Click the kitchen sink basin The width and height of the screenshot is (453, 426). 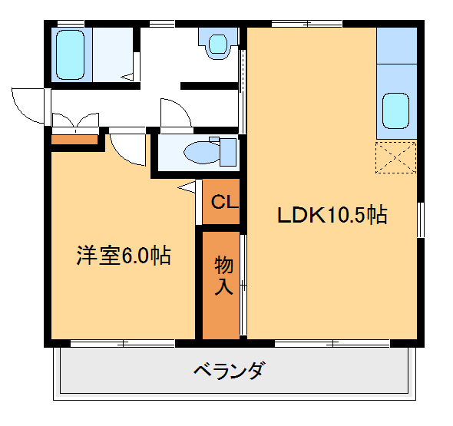tap(395, 111)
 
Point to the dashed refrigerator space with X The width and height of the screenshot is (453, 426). tap(395, 158)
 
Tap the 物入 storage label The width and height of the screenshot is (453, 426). tap(223, 276)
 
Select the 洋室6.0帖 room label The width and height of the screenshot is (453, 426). tap(123, 256)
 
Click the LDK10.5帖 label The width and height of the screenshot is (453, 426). tap(332, 215)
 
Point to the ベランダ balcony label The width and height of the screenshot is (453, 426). tap(228, 372)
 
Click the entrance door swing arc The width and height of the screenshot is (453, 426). tap(28, 105)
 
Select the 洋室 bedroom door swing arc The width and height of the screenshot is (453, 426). tap(126, 148)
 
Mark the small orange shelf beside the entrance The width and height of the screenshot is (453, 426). tap(74, 139)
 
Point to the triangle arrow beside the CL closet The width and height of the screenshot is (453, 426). tap(187, 187)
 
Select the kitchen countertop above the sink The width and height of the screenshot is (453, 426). tap(396, 47)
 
